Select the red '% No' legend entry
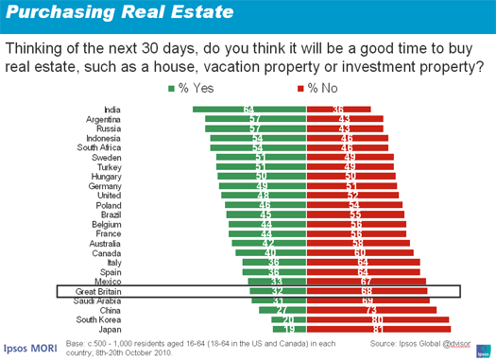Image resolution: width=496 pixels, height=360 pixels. [320, 89]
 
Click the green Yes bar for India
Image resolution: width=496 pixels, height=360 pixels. [249, 111]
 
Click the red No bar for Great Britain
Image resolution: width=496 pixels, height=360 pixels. [367, 292]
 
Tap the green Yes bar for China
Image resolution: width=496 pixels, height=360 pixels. [282, 311]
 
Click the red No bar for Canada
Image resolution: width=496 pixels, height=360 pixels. [360, 253]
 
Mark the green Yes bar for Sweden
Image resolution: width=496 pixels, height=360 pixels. [261, 158]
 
